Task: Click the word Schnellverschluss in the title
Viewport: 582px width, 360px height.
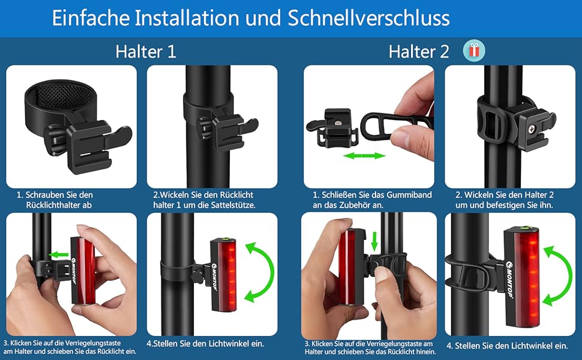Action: coord(368,18)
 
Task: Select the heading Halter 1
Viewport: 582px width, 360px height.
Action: coord(146,51)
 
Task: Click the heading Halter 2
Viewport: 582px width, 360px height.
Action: coord(419,51)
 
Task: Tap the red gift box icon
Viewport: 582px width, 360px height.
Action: coord(474,50)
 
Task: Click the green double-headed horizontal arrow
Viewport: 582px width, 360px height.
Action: coord(364,155)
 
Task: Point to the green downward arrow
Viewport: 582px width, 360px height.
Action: coord(374,241)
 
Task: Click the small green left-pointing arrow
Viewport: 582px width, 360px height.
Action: coord(59,254)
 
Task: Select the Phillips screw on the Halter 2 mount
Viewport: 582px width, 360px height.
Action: coord(532,130)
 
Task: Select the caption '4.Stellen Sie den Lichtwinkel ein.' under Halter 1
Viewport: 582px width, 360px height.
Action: coord(205,344)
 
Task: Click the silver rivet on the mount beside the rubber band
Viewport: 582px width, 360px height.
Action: coord(337,121)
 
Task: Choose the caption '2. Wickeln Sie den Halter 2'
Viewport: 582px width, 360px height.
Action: coord(505,195)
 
